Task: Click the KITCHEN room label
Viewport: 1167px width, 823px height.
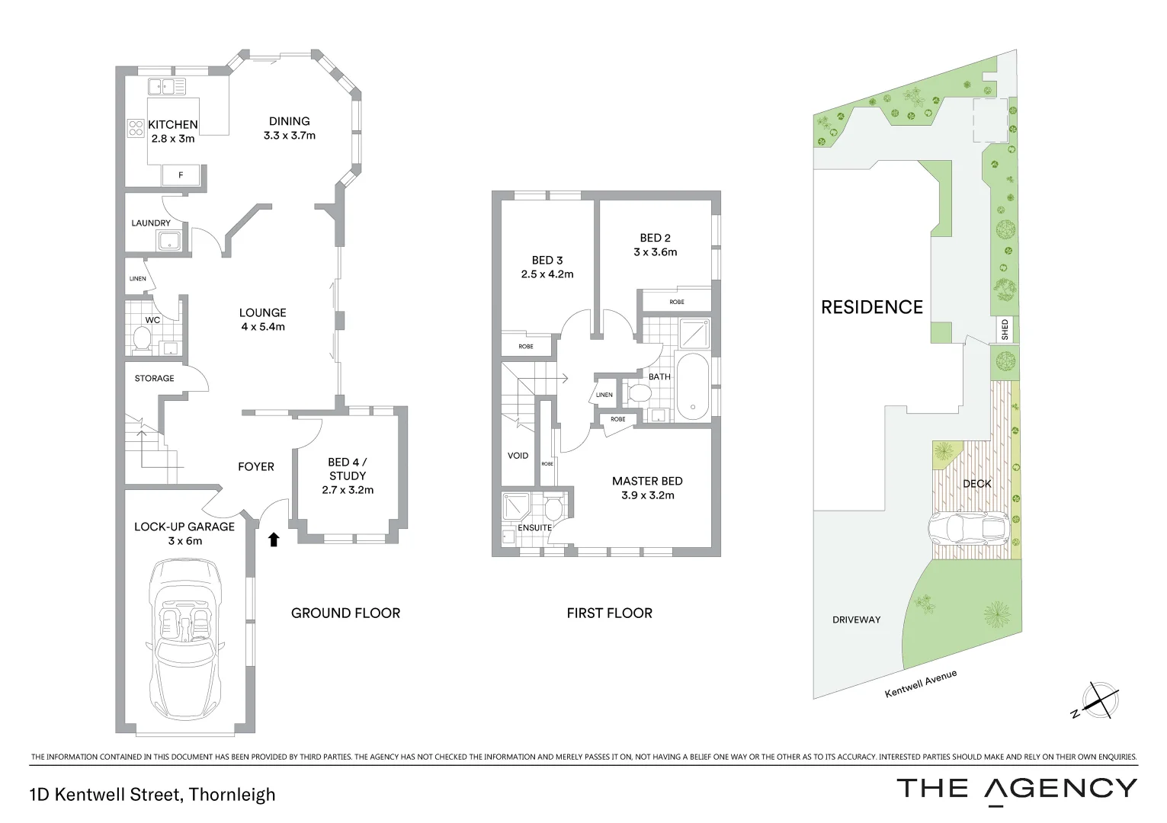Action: (x=172, y=124)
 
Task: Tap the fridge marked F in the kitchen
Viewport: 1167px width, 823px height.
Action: (x=181, y=175)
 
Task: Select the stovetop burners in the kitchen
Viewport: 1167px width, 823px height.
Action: (x=136, y=129)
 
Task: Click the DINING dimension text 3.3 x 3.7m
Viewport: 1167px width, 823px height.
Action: (x=289, y=136)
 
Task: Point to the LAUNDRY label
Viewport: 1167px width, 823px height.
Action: (x=151, y=223)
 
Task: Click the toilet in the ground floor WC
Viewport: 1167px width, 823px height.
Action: (x=141, y=338)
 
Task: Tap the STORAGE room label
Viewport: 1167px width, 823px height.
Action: (x=154, y=378)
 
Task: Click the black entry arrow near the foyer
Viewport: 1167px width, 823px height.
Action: (x=274, y=540)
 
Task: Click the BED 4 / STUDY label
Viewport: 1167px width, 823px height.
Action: (x=348, y=469)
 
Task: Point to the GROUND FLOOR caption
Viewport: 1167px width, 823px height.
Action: (x=345, y=613)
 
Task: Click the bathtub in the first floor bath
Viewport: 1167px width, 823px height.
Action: (x=693, y=386)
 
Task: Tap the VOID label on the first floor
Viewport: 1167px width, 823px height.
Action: (x=518, y=456)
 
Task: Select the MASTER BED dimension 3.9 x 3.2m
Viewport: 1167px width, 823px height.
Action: (x=647, y=495)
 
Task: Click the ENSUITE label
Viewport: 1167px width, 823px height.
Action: (x=534, y=527)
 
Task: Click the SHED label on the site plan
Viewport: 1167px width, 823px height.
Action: (x=1005, y=329)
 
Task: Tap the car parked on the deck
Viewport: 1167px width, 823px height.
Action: (x=969, y=528)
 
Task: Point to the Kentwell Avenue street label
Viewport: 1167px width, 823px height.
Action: (x=920, y=684)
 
